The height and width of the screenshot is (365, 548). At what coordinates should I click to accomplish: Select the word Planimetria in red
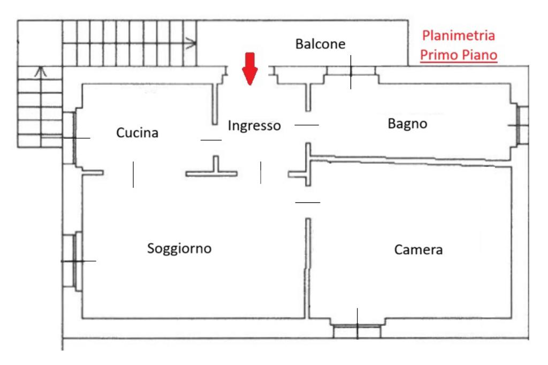click(x=458, y=36)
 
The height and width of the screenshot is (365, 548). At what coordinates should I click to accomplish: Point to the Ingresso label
click(x=254, y=126)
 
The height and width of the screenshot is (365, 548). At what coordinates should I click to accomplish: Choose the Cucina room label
click(x=138, y=133)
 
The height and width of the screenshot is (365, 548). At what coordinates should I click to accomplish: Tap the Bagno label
click(x=407, y=124)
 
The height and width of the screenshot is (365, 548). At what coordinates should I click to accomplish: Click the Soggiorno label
click(x=180, y=248)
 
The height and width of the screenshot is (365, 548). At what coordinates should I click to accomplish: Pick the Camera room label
click(x=418, y=249)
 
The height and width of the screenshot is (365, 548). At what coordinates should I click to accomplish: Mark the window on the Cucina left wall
click(x=70, y=138)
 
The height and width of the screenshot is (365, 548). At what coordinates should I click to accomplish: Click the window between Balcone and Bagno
click(x=351, y=72)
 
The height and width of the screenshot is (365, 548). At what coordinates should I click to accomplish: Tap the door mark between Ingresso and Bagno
click(x=307, y=125)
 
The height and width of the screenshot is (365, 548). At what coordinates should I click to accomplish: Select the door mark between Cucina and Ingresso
click(x=210, y=140)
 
